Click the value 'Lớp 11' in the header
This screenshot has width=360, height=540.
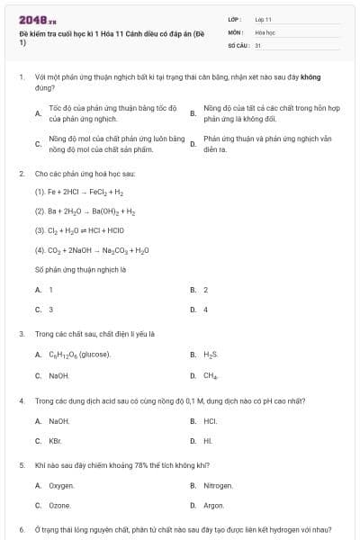pos(263,19)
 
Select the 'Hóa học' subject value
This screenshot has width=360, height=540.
pos(264,31)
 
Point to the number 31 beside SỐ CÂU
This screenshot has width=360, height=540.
pos(257,44)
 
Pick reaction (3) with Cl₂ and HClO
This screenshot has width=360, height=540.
pos(81,230)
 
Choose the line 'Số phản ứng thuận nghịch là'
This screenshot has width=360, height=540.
pos(80,268)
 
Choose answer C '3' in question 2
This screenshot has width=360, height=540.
pos(50,309)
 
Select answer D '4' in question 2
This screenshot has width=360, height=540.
pos(206,309)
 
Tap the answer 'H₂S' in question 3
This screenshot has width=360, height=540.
pos(211,355)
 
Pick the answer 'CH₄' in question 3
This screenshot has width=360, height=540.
pos(211,375)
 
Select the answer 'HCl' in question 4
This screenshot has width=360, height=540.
pos(210,421)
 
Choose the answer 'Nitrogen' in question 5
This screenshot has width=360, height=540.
pos(218,486)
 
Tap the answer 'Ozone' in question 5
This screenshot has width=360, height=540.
pos(59,506)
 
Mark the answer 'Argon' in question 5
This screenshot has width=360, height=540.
pos(214,506)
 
